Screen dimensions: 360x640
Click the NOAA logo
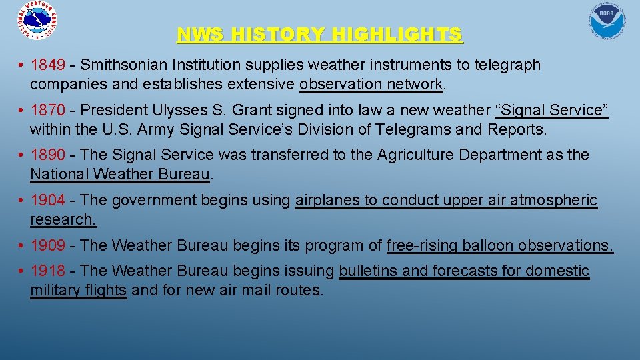(x=607, y=21)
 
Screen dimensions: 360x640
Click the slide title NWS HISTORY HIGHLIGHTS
(x=319, y=34)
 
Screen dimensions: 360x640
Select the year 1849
(x=48, y=65)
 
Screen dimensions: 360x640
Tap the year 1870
(x=48, y=110)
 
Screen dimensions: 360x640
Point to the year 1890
(x=48, y=155)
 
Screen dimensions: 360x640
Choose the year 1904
(x=48, y=200)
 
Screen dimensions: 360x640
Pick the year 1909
(x=48, y=245)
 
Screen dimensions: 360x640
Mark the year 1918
(x=48, y=271)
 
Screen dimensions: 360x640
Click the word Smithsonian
(x=123, y=65)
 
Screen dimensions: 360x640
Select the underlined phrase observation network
(x=371, y=85)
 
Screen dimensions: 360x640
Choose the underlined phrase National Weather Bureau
(x=120, y=175)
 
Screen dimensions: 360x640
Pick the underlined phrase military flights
(x=78, y=291)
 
